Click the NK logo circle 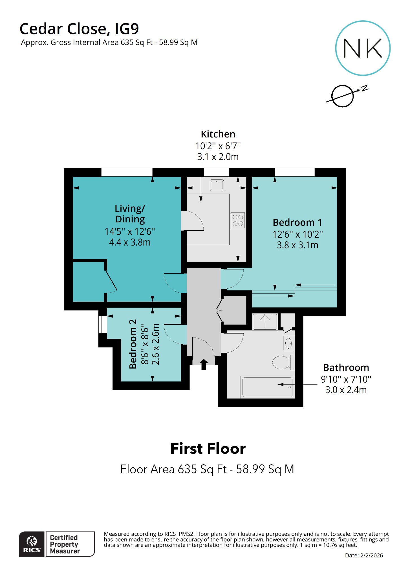pos(363,48)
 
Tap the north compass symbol pos(343,96)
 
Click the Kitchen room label pos(218,134)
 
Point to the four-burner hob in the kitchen pos(238,220)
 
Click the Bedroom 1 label pos(297,222)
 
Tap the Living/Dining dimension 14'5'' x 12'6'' pos(130,232)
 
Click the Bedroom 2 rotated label pos(133,344)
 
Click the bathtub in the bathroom pos(267,387)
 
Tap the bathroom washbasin pos(288,343)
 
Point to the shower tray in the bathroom pos(265,321)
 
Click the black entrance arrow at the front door pos(204,364)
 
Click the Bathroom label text pos(346,368)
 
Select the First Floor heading pos(208,449)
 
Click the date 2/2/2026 pos(371,555)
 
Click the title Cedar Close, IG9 pos(79,29)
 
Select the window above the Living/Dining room pos(127,172)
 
